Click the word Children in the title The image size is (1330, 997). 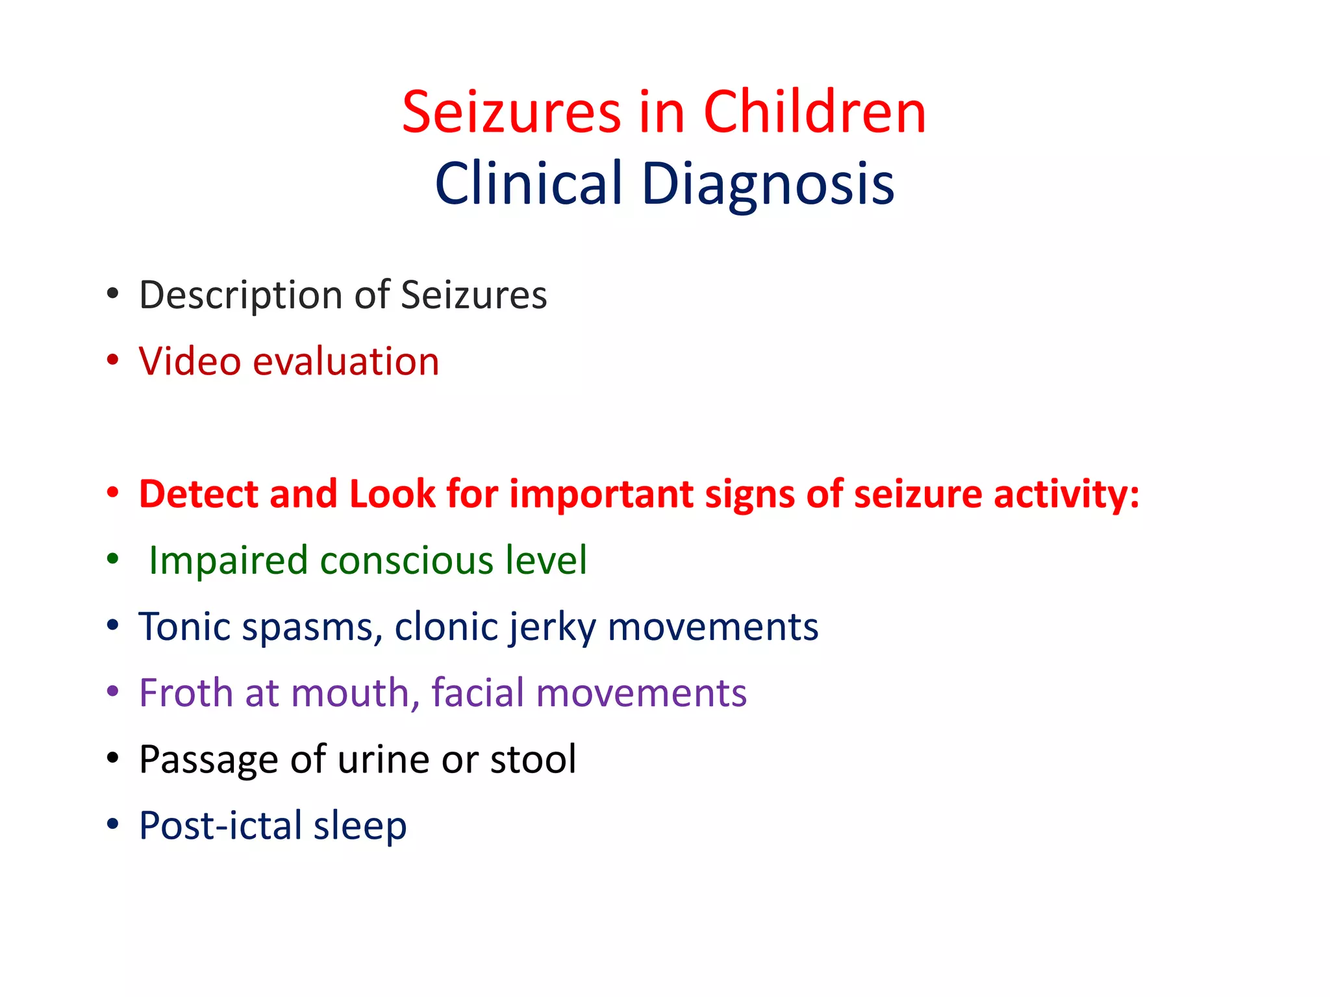click(x=814, y=112)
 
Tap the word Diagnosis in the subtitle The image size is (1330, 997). click(x=768, y=184)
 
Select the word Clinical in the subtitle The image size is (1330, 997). click(x=529, y=184)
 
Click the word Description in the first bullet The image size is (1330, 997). click(x=236, y=295)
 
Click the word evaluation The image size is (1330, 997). click(x=345, y=362)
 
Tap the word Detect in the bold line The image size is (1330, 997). click(x=199, y=494)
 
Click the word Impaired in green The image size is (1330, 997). click(x=228, y=560)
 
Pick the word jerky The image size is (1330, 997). click(x=552, y=628)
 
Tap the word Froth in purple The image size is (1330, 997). click(x=186, y=693)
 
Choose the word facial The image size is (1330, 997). click(x=477, y=693)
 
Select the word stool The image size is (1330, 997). click(x=533, y=759)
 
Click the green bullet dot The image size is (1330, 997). click(x=113, y=558)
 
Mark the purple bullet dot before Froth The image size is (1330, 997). click(x=113, y=691)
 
